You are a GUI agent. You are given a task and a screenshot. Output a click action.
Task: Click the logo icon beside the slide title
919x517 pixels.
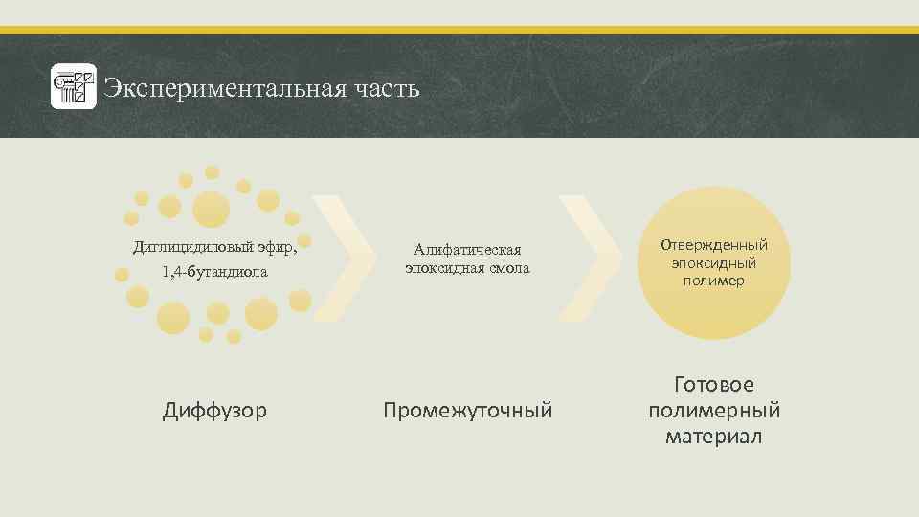pos(74,88)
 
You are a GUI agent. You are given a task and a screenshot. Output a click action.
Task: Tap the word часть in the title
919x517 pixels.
pos(384,89)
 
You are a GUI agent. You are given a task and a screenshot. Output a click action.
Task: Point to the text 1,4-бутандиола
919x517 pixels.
pos(215,272)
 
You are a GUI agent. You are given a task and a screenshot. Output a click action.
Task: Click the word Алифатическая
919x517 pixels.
pos(467,250)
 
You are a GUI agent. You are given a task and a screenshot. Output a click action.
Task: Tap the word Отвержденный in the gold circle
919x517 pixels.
pos(714,245)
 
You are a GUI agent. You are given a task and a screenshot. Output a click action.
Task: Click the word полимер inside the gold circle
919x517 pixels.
pos(713,281)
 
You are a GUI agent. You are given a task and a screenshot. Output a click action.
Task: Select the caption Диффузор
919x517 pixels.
pos(214,411)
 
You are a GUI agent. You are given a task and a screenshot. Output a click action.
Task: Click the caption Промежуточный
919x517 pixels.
pos(467,411)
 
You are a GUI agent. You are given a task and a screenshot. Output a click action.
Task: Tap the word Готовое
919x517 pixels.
pos(714,385)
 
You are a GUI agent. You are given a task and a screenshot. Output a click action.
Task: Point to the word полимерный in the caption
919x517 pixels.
pos(714,411)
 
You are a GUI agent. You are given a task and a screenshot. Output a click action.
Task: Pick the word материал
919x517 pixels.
pos(714,437)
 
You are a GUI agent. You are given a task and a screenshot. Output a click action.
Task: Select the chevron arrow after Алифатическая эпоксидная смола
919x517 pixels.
pos(589,258)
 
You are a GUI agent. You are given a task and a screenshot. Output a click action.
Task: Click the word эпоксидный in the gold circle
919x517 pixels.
pos(714,262)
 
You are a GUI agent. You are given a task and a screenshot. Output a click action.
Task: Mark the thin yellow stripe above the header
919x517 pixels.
pos(459,31)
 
